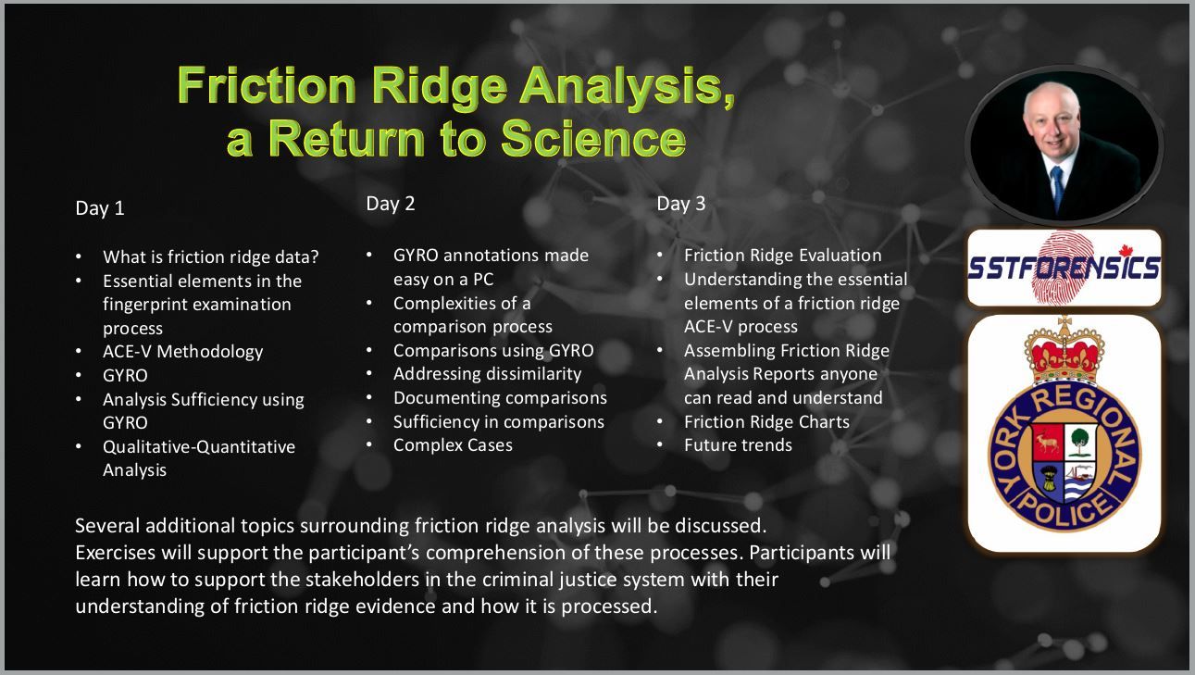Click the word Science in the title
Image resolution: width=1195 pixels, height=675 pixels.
[x=593, y=138]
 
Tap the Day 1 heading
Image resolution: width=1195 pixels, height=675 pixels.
[x=100, y=208]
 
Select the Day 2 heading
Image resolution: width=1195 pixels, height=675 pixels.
[x=391, y=204]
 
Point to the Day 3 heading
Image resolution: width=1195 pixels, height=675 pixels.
[x=681, y=204]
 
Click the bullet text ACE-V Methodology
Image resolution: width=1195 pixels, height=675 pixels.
[x=183, y=352]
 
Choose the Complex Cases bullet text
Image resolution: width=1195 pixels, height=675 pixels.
[x=453, y=445]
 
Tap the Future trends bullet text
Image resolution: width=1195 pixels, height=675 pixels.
[x=739, y=445]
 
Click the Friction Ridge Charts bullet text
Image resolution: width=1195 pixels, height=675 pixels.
[x=766, y=421]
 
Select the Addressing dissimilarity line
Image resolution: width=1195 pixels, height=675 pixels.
[x=488, y=373]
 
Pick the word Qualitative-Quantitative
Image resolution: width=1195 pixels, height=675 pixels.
[x=199, y=446]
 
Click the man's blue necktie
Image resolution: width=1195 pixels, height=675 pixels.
[x=1057, y=188]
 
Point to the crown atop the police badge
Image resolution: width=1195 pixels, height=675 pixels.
[x=1064, y=352]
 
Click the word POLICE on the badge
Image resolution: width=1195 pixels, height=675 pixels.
[x=1063, y=511]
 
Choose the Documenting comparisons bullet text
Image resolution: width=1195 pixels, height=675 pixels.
[x=500, y=397]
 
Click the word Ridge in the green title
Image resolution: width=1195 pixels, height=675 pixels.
[x=439, y=86]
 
